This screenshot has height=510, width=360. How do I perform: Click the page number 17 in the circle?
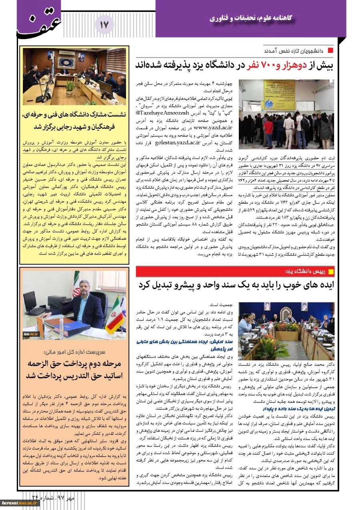click(104, 25)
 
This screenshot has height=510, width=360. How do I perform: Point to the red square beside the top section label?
click(330, 51)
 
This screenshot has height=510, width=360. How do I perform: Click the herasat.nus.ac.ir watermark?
click(20, 503)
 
